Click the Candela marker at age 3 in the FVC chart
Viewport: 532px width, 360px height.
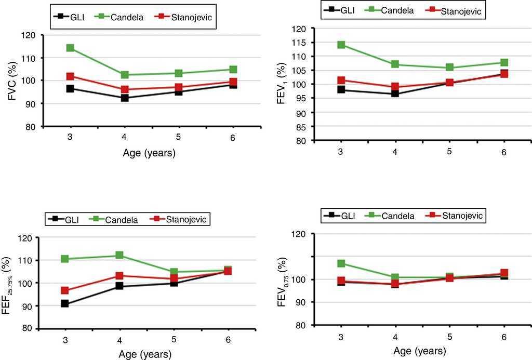click(x=70, y=48)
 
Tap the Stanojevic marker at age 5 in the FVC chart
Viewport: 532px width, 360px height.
click(x=179, y=88)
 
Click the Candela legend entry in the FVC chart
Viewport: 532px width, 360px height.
click(x=122, y=17)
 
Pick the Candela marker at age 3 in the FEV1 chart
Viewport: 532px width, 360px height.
click(x=341, y=45)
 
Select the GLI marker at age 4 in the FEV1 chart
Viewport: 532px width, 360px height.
click(x=395, y=94)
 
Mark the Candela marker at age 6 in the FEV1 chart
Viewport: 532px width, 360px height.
click(x=504, y=63)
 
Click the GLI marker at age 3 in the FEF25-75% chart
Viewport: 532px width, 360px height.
click(x=65, y=304)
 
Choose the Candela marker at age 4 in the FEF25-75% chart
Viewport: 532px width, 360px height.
click(x=119, y=255)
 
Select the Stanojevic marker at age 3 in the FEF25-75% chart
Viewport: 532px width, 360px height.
click(x=65, y=290)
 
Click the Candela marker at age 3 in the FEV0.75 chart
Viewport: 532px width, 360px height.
click(x=341, y=263)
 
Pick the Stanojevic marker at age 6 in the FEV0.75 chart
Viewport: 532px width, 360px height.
click(x=504, y=273)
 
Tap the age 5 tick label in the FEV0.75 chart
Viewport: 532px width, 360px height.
click(x=449, y=337)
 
